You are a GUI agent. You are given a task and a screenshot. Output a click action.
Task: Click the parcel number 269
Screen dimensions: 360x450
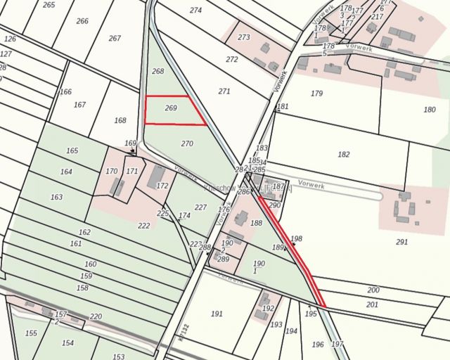(171, 108)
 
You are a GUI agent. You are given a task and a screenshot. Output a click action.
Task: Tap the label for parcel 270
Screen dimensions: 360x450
(186, 143)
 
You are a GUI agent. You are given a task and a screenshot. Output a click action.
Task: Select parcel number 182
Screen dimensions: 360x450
(344, 154)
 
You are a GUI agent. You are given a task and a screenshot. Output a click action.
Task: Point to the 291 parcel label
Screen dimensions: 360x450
(401, 242)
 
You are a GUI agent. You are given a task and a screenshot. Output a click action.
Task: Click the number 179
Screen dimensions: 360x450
(316, 94)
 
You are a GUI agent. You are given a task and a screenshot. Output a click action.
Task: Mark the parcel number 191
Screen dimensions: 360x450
(217, 314)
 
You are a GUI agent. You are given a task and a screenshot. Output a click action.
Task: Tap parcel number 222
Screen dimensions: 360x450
(144, 225)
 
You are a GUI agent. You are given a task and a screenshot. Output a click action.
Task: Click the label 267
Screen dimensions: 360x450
(115, 38)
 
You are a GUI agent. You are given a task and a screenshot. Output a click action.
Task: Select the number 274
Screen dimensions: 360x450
(195, 10)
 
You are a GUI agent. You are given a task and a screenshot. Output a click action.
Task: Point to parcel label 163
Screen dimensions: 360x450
(57, 197)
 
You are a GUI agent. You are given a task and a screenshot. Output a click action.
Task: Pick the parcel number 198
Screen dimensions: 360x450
(296, 239)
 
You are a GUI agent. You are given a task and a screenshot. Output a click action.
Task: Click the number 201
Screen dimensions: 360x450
(373, 304)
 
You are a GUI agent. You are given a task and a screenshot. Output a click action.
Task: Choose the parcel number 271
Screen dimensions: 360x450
(224, 91)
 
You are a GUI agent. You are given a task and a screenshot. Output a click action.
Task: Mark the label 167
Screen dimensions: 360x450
(79, 105)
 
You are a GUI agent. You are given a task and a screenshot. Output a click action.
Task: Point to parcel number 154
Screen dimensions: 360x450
(67, 342)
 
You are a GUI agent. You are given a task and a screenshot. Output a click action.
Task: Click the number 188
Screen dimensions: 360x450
(256, 223)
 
